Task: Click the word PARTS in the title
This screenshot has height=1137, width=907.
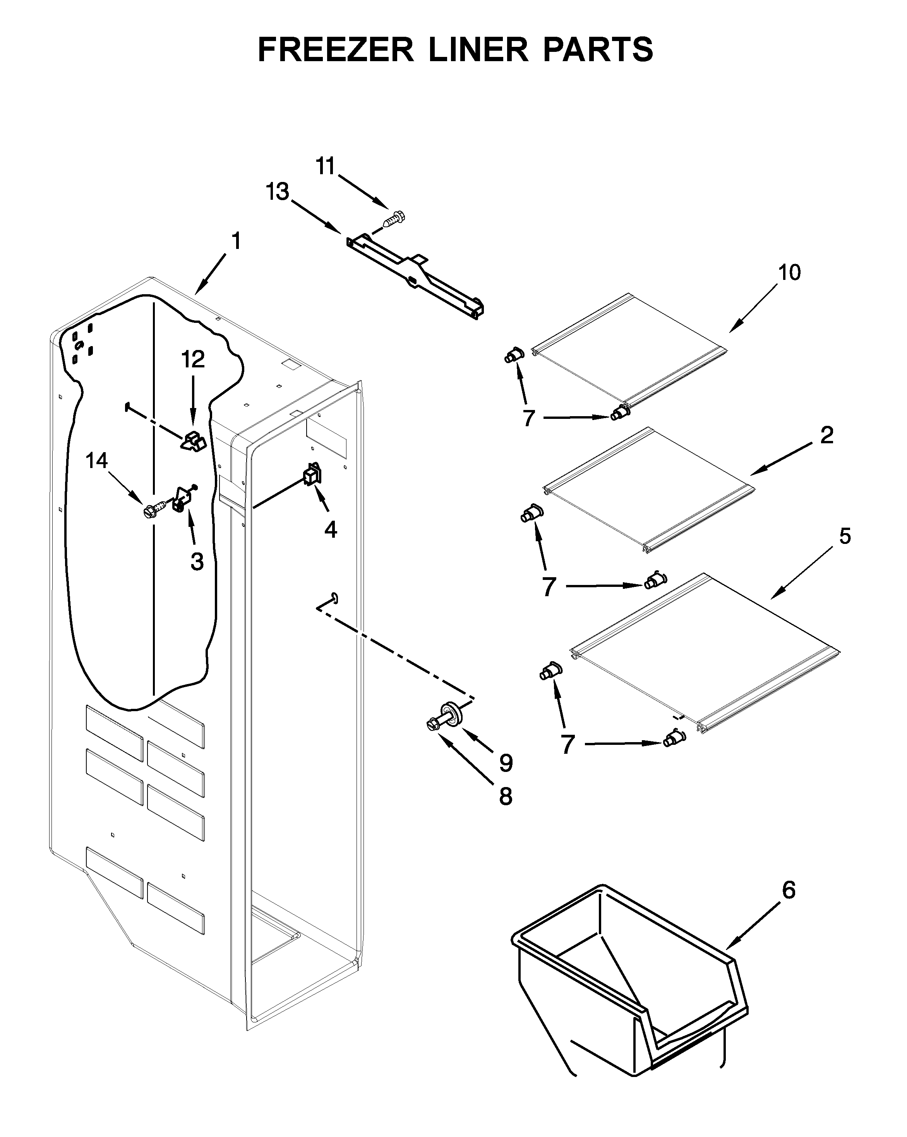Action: coord(598,50)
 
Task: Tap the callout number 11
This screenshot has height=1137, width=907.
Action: coord(325,166)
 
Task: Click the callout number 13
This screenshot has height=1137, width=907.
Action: coord(278,192)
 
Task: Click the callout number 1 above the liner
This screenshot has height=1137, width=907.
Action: coord(236,241)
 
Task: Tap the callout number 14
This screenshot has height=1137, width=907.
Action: coord(97,461)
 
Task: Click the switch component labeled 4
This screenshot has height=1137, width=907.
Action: coord(312,475)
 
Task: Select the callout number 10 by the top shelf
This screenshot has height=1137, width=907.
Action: coord(789,273)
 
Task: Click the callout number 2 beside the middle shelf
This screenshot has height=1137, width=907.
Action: coord(826,436)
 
